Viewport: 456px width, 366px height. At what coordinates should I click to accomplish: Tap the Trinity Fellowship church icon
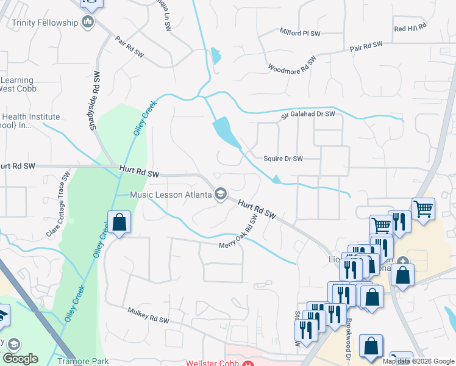click(x=87, y=23)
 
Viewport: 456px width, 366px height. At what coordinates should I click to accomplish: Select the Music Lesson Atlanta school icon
click(x=220, y=195)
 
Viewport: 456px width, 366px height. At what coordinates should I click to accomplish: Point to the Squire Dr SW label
click(x=283, y=159)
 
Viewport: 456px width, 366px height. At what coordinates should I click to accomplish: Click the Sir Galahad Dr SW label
click(x=308, y=114)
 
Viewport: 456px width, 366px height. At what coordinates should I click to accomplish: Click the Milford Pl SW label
click(x=300, y=32)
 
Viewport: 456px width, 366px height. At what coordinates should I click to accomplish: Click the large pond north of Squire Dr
click(x=226, y=132)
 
